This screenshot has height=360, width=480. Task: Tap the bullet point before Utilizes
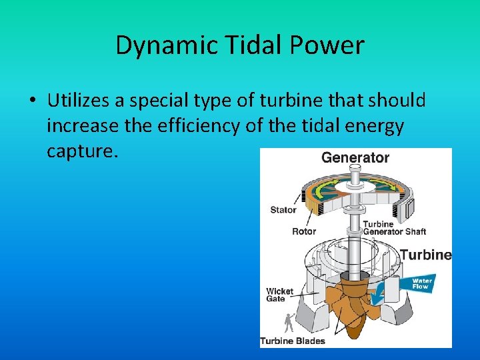click(31, 101)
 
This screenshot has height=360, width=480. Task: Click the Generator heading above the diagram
click(355, 158)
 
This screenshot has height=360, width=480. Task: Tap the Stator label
click(283, 210)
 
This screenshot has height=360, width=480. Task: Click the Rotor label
click(304, 231)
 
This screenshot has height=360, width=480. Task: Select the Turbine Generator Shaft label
click(394, 228)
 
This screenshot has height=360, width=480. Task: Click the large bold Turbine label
click(426, 255)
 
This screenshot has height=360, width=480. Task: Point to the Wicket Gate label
click(279, 295)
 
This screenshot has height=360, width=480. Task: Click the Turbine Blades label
click(293, 341)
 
